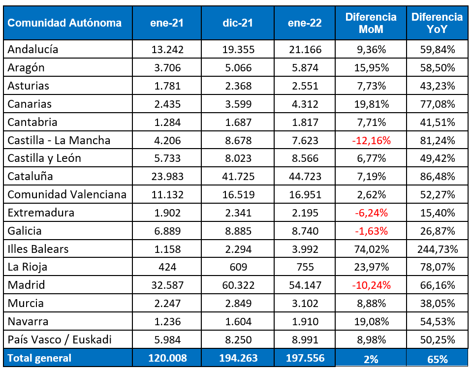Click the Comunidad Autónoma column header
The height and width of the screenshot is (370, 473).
click(64, 23)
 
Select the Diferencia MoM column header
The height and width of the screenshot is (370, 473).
click(371, 23)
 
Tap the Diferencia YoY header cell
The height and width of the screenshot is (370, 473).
click(437, 23)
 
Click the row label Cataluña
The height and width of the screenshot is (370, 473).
click(31, 176)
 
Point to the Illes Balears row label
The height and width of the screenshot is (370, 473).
click(38, 249)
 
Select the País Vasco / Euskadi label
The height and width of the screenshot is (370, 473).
click(60, 339)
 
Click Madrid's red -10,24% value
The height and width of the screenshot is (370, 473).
click(371, 285)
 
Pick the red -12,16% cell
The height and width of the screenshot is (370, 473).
click(371, 140)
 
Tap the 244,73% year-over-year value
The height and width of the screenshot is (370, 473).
click(437, 249)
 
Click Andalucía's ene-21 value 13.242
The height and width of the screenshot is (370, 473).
click(167, 49)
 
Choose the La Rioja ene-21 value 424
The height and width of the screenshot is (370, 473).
click(167, 267)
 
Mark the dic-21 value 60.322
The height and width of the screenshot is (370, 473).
click(237, 285)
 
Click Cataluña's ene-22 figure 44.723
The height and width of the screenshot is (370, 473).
click(304, 176)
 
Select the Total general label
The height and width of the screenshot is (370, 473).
click(40, 358)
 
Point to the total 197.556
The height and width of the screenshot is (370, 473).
click(304, 358)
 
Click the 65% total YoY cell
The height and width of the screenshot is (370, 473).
click(437, 359)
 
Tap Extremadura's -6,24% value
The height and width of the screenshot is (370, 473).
click(371, 213)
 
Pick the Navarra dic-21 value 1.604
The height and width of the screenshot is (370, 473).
click(237, 321)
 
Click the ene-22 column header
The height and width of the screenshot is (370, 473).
click(304, 23)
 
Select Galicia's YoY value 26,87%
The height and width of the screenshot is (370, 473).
click(437, 231)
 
